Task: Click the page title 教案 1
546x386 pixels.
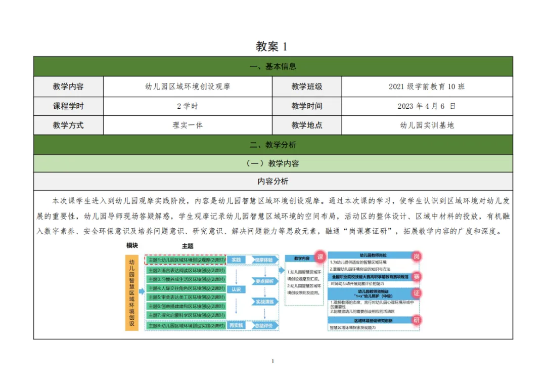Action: click(272, 47)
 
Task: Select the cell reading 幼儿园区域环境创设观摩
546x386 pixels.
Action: click(188, 87)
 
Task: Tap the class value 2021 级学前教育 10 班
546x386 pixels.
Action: click(427, 87)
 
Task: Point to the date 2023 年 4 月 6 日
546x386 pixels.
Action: click(427, 106)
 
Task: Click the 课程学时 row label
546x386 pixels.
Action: click(68, 106)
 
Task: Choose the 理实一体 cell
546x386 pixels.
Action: click(188, 125)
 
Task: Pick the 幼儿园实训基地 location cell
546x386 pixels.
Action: click(427, 125)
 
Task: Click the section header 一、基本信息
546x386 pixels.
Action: click(273, 66)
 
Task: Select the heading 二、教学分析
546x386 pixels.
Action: click(273, 145)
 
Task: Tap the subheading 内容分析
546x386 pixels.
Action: click(273, 181)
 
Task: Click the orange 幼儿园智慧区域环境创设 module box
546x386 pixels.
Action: click(132, 292)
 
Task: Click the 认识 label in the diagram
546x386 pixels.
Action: click(236, 290)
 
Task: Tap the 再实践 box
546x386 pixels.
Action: click(236, 325)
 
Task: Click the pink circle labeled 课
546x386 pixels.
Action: click(320, 256)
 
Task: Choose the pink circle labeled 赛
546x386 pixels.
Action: click(416, 277)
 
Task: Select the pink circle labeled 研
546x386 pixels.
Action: click(416, 320)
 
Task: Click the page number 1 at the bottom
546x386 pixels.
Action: click(272, 361)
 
